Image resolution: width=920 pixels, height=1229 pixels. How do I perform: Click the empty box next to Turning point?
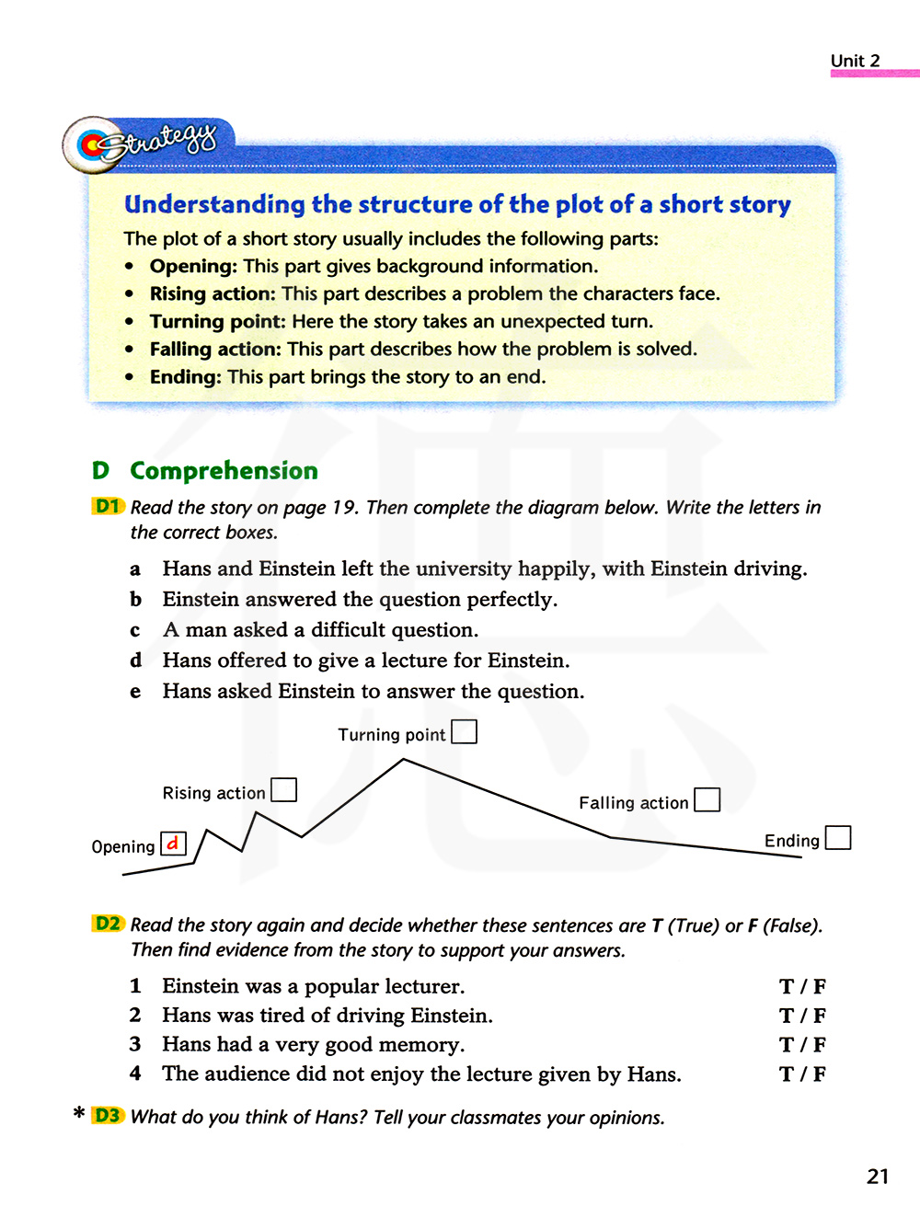465,732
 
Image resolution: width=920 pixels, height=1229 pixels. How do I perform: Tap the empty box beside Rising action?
283,790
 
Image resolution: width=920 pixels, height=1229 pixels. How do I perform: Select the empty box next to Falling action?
707,800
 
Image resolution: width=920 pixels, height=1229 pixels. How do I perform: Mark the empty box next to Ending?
838,838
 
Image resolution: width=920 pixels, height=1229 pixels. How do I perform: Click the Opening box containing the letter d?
173,844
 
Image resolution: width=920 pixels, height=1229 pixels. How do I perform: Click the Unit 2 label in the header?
855,61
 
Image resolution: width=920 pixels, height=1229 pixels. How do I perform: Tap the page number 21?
878,1177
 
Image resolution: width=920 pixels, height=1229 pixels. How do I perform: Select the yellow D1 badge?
109,506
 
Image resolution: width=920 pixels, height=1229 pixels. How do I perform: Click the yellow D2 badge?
109,924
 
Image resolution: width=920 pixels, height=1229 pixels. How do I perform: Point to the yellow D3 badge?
109,1116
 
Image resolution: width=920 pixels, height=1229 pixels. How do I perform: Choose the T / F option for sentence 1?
802,987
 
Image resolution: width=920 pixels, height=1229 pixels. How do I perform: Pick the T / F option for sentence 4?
802,1074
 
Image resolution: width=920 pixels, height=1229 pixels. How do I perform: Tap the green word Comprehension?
224,471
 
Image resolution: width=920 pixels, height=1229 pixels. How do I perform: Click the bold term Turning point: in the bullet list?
217,321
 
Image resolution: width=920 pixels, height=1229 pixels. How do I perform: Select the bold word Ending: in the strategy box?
185,376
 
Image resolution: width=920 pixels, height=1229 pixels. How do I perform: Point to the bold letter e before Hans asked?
135,692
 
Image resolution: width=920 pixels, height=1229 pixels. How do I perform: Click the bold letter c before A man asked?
135,631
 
